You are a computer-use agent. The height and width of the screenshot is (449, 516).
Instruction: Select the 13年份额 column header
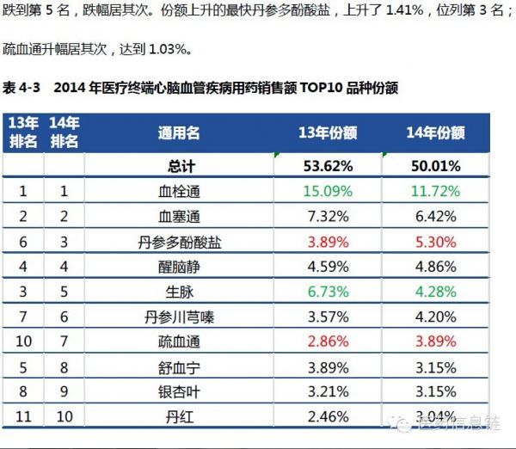tap(328, 133)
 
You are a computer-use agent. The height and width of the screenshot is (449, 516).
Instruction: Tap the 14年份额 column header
tap(435, 133)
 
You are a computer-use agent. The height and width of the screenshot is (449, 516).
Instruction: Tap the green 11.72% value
tap(435, 191)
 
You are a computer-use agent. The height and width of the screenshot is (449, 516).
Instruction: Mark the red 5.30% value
tap(435, 242)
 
